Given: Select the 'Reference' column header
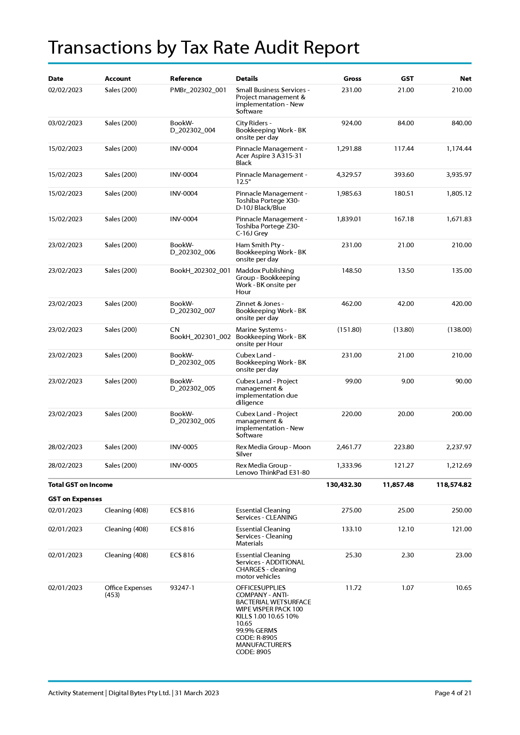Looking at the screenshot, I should point(186,78).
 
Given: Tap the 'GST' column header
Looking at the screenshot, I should point(407,78).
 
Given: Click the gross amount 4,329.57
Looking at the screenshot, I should point(349,175).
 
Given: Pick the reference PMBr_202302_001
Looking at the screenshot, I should point(198,90).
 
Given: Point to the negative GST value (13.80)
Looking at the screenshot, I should point(403,330).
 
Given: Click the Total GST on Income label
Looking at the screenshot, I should point(80,485).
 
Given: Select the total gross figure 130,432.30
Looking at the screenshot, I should point(344,485).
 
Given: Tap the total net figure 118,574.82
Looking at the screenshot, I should point(454,485).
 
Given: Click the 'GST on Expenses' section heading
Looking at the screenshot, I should point(75,499).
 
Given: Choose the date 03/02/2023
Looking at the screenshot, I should point(65,123).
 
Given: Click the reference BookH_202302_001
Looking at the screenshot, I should point(200,271).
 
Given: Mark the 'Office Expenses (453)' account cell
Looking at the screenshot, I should point(128,591).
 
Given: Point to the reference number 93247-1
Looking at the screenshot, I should point(182,588).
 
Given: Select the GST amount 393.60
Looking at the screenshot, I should point(404,175).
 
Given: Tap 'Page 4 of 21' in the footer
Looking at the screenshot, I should point(453,693).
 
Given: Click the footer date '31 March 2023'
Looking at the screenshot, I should point(197,693).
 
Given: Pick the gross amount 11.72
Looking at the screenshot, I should point(353,588).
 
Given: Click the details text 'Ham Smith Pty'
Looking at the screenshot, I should point(258,245).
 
